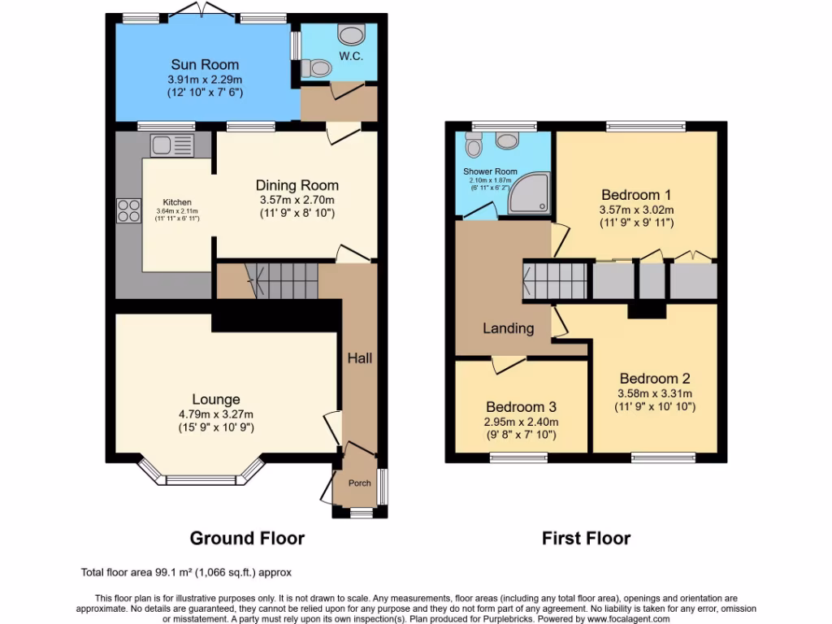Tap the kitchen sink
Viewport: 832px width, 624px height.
tap(171, 145)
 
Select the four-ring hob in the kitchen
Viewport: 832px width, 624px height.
tap(128, 210)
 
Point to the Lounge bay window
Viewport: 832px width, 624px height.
tap(201, 478)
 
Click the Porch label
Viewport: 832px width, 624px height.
tap(359, 483)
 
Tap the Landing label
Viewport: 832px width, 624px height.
tap(509, 328)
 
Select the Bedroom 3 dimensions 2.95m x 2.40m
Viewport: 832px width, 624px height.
tap(521, 422)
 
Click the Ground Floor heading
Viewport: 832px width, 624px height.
tap(247, 538)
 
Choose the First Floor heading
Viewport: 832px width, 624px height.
tap(586, 538)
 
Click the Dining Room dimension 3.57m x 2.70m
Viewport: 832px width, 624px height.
tap(297, 200)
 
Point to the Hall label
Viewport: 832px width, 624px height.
tap(360, 357)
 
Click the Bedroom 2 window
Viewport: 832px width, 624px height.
tap(663, 457)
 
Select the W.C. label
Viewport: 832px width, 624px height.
tap(350, 56)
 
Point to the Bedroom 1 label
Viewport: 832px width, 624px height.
tap(635, 195)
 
